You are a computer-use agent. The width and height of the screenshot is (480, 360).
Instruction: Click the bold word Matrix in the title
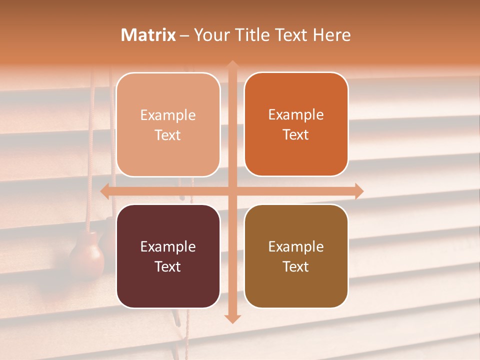point(148,35)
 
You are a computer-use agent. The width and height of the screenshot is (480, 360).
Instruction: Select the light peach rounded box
point(168,124)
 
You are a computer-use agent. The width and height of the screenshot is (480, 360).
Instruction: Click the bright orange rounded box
point(296,124)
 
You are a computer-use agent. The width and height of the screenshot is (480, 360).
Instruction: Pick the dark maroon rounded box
point(168,256)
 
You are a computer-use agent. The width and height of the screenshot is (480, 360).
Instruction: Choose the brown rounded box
point(296,256)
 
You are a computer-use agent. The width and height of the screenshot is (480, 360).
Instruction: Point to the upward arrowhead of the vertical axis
point(232,65)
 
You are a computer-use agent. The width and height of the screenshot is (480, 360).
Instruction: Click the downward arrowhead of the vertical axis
point(232,318)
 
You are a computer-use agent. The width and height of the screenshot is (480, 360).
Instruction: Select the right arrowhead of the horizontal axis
point(358,191)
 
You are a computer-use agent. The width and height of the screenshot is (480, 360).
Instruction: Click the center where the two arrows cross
point(232,191)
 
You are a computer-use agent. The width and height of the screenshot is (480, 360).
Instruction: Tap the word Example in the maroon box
point(168,246)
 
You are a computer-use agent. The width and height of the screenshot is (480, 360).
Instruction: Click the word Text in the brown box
point(296,266)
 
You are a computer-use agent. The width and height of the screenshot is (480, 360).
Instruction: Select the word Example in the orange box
point(296,114)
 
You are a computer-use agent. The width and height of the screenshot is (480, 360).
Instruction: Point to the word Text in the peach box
point(168,135)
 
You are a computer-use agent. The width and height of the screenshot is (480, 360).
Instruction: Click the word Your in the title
point(210,35)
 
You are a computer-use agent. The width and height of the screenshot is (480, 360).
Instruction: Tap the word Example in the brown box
point(296,246)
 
